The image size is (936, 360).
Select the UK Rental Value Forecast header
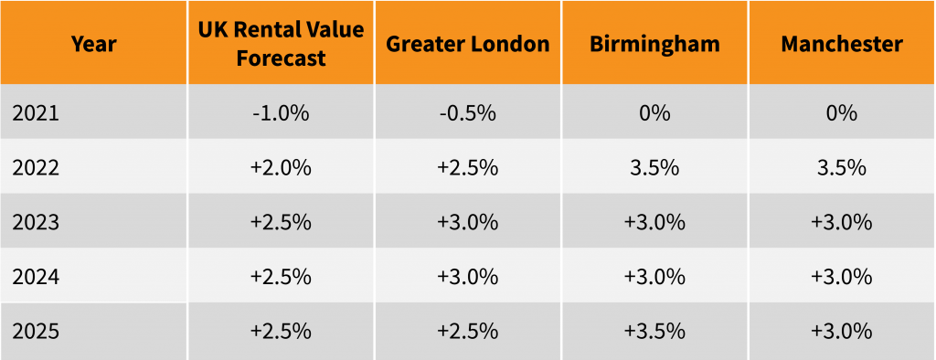pyautogui.click(x=281, y=44)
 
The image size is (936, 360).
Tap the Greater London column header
pyautogui.click(x=467, y=44)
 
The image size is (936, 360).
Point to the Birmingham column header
pyautogui.click(x=654, y=44)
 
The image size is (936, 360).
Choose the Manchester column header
pyautogui.click(x=842, y=44)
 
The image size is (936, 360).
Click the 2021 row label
pyautogui.click(x=37, y=113)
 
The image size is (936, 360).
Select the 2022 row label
pyautogui.click(x=37, y=167)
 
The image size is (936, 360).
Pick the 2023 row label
pyautogui.click(x=37, y=222)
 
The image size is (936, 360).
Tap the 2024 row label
pyautogui.click(x=37, y=276)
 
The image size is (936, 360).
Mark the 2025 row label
pyautogui.click(x=37, y=330)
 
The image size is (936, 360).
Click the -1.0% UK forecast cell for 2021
pyautogui.click(x=281, y=113)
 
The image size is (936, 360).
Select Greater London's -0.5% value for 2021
pyautogui.click(x=467, y=113)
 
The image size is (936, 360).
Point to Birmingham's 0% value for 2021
pyautogui.click(x=654, y=113)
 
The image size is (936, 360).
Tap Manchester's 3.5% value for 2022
pyautogui.click(x=842, y=167)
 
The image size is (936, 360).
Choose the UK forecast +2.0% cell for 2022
pyautogui.click(x=281, y=167)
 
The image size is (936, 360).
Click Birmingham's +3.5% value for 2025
pyautogui.click(x=654, y=330)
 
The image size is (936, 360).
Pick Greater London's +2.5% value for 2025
pyautogui.click(x=467, y=330)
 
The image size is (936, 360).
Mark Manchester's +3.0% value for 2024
pyautogui.click(x=842, y=276)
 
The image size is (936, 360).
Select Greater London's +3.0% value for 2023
pyautogui.click(x=467, y=222)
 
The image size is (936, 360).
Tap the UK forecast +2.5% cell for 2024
pyautogui.click(x=281, y=276)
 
